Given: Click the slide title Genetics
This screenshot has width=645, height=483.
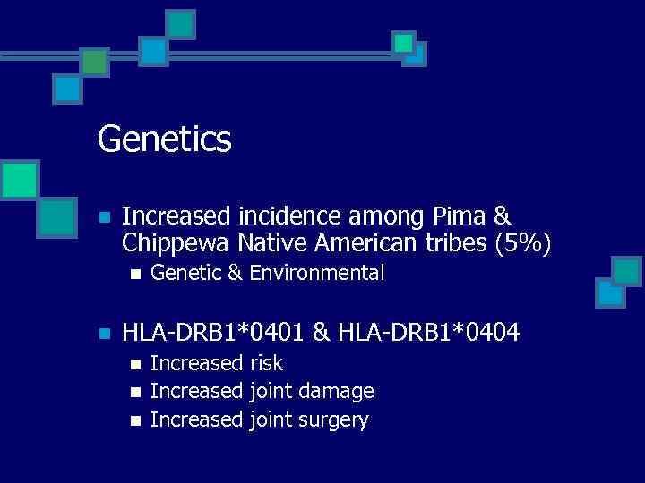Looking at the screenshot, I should (164, 140).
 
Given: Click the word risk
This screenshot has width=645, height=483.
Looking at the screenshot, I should (267, 363).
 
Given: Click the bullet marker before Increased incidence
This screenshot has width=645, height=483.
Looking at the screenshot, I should (104, 217).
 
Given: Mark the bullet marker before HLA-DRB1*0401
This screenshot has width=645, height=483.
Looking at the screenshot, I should (104, 334).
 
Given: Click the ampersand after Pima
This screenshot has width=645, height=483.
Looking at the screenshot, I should (502, 216).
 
